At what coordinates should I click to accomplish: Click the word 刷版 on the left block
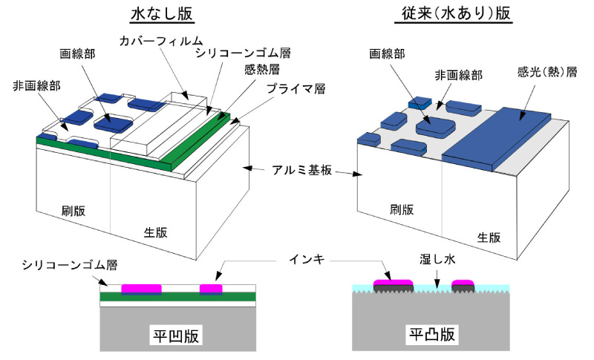tap(74, 210)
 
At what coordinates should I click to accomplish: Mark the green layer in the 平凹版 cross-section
tap(178, 297)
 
